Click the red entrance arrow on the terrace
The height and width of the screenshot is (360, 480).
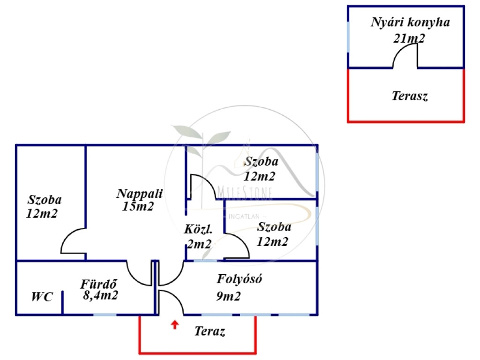[175, 324]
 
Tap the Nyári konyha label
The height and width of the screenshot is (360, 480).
[410, 22]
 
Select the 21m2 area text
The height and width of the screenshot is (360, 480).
[409, 38]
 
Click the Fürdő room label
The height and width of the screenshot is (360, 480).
[98, 284]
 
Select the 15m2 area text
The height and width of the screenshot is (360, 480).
[138, 206]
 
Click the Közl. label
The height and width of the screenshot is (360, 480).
[199, 230]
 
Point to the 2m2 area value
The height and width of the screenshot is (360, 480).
[199, 243]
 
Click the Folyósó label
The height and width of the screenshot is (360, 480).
[239, 279]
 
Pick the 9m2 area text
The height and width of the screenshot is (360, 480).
[229, 296]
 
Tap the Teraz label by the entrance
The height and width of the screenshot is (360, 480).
[210, 332]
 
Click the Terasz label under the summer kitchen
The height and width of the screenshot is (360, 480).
[410, 97]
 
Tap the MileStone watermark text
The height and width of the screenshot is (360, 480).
[246, 192]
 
